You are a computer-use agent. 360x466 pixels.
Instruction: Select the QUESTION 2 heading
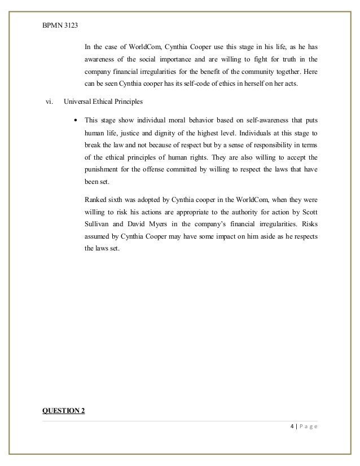64,410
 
